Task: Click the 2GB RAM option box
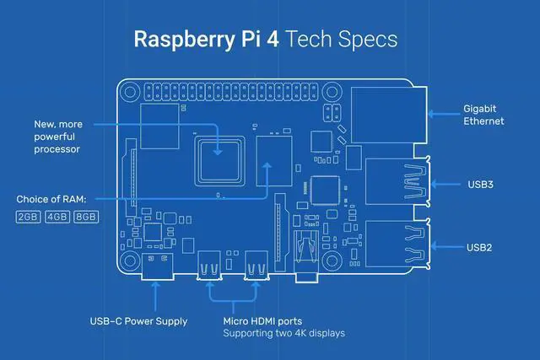click(28, 217)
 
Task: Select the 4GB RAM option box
click(57, 217)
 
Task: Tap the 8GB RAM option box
click(86, 217)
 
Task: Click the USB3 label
click(480, 185)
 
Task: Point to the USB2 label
click(479, 248)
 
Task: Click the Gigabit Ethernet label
click(483, 115)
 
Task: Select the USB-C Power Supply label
click(138, 321)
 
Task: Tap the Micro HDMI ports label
click(262, 321)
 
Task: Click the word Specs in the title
click(368, 39)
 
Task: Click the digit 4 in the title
click(273, 40)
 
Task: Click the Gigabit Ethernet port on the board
click(389, 115)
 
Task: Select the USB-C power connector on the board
click(157, 266)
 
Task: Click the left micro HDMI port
click(209, 266)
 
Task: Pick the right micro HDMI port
click(256, 266)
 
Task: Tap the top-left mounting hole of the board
click(130, 92)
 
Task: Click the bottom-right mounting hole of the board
click(332, 261)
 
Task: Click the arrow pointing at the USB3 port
click(445, 185)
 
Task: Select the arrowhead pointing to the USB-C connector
click(155, 285)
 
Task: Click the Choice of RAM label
click(51, 199)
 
